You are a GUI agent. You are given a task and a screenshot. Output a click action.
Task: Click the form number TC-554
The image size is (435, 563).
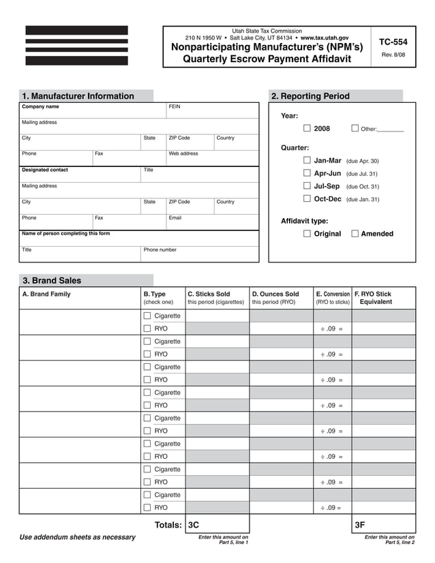click(393, 42)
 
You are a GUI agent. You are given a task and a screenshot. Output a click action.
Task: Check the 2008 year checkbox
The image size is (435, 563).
click(307, 128)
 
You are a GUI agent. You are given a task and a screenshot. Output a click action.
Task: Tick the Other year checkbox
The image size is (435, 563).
click(355, 128)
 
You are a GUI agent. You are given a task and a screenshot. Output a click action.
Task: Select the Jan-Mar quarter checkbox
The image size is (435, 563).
click(307, 160)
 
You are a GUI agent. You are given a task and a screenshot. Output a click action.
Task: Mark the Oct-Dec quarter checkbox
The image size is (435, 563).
click(307, 198)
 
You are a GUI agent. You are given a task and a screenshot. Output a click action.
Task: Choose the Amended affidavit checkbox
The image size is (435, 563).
click(355, 234)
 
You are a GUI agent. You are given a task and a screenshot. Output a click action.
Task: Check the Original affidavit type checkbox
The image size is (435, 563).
click(307, 234)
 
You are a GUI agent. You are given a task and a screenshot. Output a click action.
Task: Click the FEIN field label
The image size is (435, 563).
click(175, 107)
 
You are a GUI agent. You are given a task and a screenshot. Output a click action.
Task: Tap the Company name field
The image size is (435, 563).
click(93, 110)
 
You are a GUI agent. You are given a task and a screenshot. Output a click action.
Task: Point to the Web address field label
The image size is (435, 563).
click(183, 153)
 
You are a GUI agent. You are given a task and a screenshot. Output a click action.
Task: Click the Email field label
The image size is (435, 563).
click(175, 218)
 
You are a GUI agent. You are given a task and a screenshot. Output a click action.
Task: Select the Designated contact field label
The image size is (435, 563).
click(45, 170)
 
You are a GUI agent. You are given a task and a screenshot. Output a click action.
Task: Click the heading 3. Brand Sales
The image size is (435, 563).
click(52, 280)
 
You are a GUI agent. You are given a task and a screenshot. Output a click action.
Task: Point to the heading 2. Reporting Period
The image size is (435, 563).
click(310, 96)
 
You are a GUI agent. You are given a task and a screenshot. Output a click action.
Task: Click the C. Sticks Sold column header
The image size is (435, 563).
click(209, 294)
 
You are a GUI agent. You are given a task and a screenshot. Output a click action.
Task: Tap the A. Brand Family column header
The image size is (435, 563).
click(46, 294)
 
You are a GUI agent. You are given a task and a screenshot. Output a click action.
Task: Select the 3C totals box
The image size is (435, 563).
click(217, 525)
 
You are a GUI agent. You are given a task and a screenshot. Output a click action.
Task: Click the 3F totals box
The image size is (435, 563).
click(383, 525)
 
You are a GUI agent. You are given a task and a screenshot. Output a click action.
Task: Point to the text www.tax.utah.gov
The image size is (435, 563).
click(325, 38)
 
